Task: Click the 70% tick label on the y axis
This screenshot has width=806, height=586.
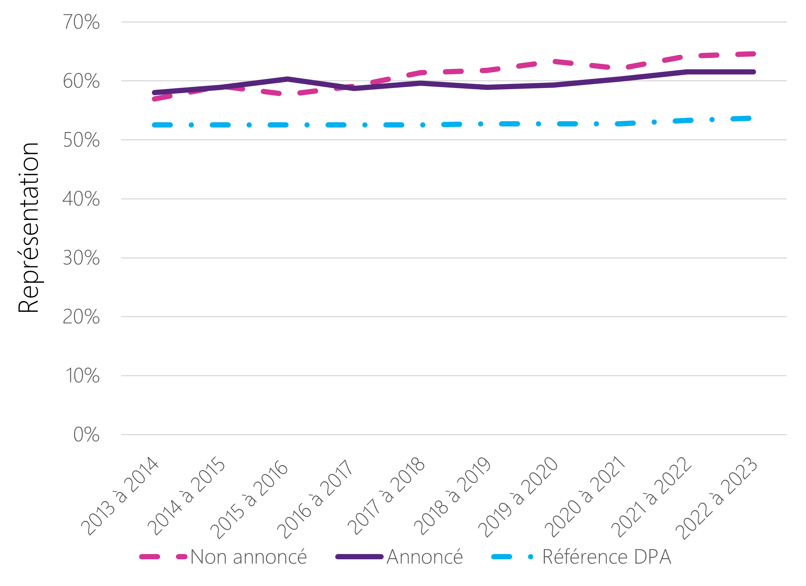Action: click(x=81, y=22)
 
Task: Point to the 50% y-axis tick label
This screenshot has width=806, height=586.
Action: click(x=81, y=140)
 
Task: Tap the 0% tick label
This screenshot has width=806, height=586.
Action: click(x=86, y=435)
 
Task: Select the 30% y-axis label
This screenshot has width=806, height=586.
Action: click(x=81, y=258)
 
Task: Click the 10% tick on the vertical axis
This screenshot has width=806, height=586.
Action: click(x=82, y=376)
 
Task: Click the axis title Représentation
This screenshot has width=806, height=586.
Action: click(x=29, y=228)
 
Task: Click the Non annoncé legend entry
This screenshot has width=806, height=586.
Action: click(x=248, y=557)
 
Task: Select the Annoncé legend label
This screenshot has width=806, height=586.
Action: click(x=425, y=557)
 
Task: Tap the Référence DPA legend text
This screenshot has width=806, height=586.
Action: click(x=606, y=557)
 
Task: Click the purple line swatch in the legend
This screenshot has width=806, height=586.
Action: click(x=359, y=557)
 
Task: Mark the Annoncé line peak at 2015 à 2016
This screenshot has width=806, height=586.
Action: click(x=287, y=79)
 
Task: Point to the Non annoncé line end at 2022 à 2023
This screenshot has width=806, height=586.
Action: click(x=753, y=54)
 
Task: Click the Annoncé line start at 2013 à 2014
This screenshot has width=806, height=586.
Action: click(x=154, y=93)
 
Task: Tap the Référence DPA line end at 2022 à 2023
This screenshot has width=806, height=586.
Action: click(x=749, y=118)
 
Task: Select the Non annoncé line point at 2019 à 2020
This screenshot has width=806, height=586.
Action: click(x=555, y=61)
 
